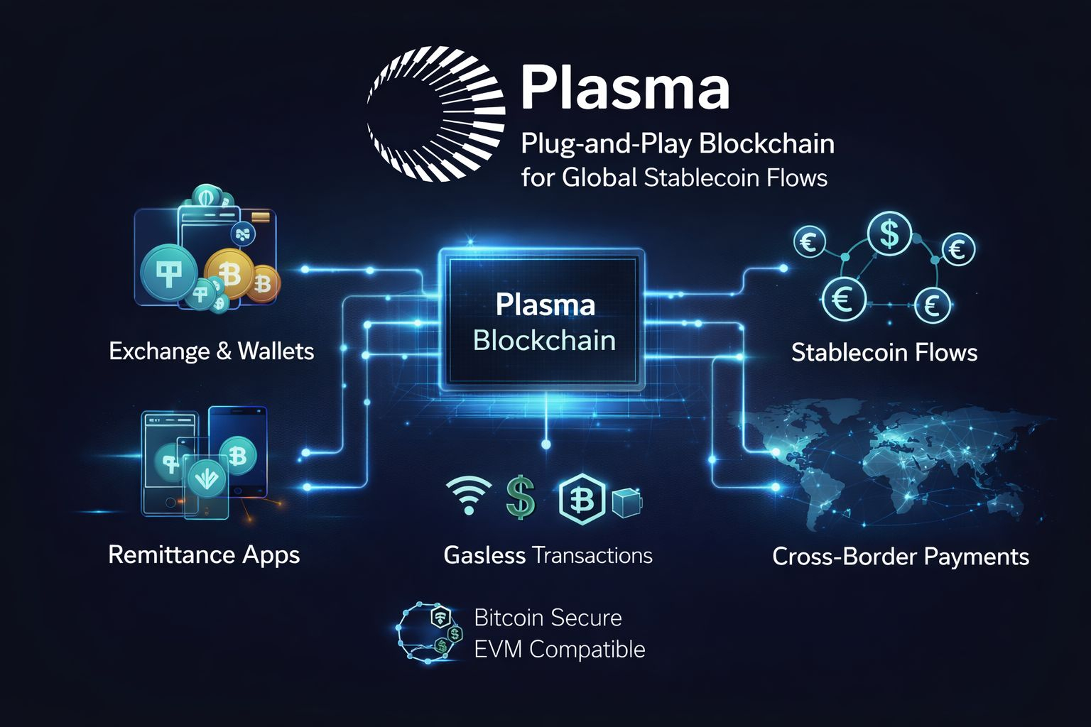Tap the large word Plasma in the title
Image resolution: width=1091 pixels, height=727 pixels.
click(625, 88)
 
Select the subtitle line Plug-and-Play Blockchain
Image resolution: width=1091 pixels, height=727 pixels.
click(677, 144)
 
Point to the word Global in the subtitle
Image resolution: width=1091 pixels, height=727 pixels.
click(600, 177)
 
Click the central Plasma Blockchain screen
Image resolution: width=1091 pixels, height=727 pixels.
click(544, 322)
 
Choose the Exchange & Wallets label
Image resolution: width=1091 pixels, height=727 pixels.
click(211, 351)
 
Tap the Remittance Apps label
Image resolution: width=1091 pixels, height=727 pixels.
click(204, 554)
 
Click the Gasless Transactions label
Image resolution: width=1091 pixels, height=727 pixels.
click(548, 555)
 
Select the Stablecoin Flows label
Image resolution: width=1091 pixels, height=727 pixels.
click(884, 352)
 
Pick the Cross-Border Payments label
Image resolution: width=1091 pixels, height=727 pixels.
click(900, 557)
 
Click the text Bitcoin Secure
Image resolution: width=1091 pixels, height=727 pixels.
click(548, 618)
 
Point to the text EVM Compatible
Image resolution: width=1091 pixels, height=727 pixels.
click(559, 650)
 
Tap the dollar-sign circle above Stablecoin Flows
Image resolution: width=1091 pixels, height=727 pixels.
click(889, 234)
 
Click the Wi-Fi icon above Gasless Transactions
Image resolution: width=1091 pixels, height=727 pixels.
click(468, 494)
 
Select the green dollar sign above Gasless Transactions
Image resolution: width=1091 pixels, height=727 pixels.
click(521, 497)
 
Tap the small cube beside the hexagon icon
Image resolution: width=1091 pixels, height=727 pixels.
click(626, 501)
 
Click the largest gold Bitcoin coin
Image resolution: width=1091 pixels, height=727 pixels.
click(229, 273)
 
